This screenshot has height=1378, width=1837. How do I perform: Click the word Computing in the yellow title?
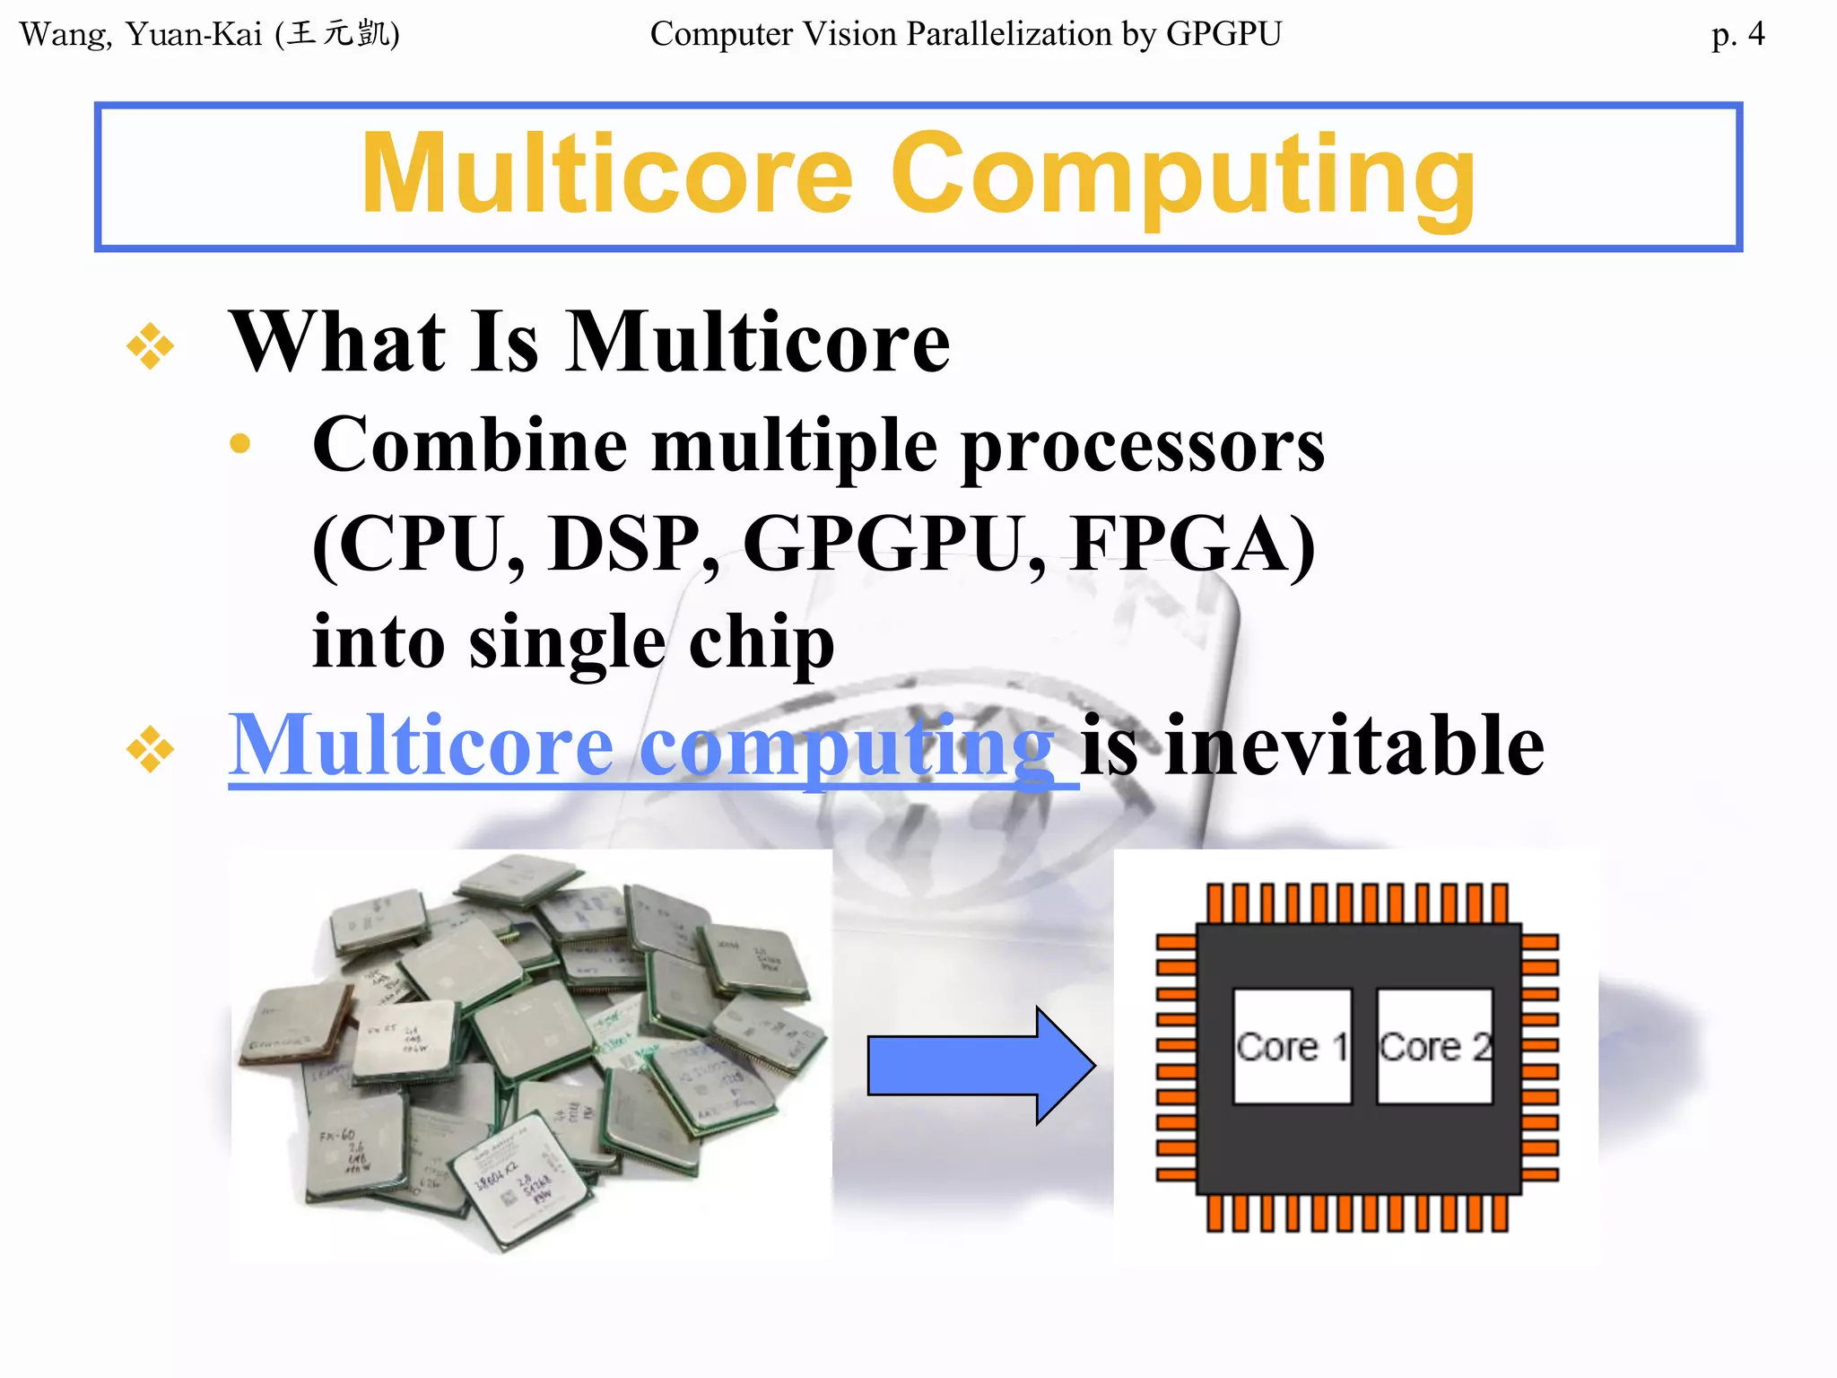pyautogui.click(x=1182, y=176)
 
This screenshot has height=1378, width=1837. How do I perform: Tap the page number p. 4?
pyautogui.click(x=1737, y=35)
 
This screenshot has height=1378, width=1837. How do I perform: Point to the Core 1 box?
pyautogui.click(x=1292, y=1046)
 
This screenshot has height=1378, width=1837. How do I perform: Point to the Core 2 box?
pyautogui.click(x=1434, y=1046)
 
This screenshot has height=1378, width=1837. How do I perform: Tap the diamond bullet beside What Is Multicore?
pyautogui.click(x=150, y=345)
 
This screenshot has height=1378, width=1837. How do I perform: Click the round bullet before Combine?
pyautogui.click(x=239, y=443)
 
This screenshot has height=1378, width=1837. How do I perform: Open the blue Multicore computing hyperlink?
pyautogui.click(x=640, y=746)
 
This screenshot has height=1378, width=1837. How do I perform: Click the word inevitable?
pyautogui.click(x=1354, y=746)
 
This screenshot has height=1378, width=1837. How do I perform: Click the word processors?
pyautogui.click(x=1143, y=447)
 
